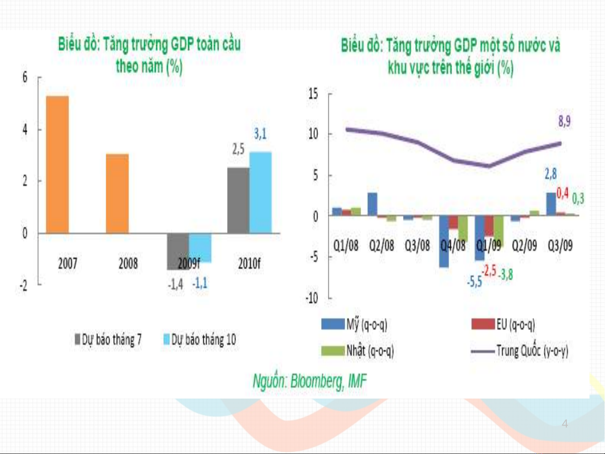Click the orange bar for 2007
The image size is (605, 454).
coord(58,165)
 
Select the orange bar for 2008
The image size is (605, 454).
coord(118,194)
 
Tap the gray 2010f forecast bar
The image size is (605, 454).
coord(238,200)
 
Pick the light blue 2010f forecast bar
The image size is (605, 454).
coord(260,193)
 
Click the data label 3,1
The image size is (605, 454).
coord(260,134)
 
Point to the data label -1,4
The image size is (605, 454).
coord(175,285)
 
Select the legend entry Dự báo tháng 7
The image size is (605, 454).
coord(108,339)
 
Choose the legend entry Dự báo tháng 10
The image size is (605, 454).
coord(200,339)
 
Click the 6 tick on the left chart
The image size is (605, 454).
coord(25,77)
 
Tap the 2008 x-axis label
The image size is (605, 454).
coord(128,264)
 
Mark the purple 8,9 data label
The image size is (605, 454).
coord(564,122)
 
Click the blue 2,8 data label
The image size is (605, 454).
coord(550,174)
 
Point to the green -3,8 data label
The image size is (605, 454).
coord(505,275)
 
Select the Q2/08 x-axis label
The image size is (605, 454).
coord(382,245)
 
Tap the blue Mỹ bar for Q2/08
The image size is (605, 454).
coord(372,205)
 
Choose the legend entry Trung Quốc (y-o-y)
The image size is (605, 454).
coord(520,351)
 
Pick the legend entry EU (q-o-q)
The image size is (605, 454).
coord(503,324)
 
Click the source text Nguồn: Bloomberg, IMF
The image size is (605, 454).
coord(309,381)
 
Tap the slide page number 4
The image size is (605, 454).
coord(565,424)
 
